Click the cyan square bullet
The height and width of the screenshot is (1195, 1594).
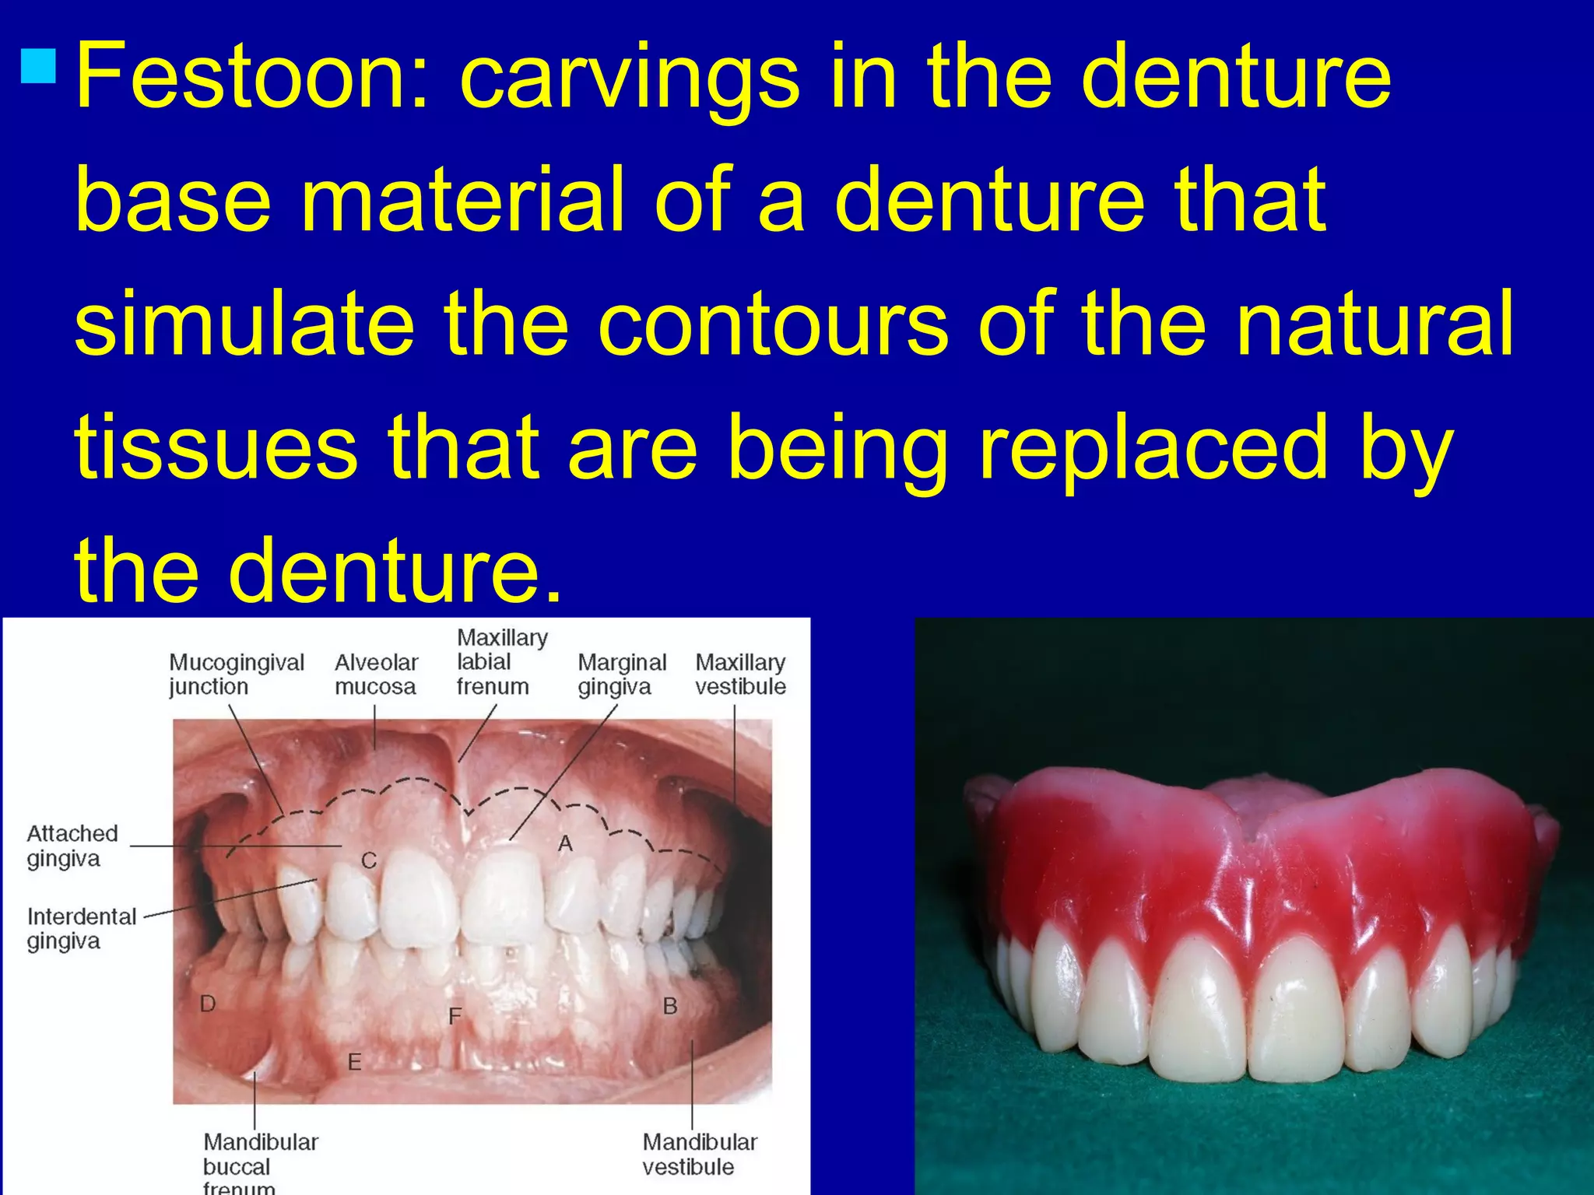[x=39, y=66]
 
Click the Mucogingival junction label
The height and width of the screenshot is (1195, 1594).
[x=236, y=675]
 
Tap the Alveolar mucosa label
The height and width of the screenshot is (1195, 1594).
[x=376, y=675]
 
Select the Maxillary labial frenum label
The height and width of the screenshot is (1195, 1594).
[x=501, y=662]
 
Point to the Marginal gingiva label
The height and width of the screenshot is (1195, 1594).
[x=621, y=675]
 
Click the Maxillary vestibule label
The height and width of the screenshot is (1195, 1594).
[x=740, y=675]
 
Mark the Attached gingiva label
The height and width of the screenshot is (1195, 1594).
[x=72, y=846]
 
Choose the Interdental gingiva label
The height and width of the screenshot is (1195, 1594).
[x=81, y=928]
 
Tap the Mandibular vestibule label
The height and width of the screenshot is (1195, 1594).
[x=699, y=1154]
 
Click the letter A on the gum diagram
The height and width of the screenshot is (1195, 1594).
[x=566, y=843]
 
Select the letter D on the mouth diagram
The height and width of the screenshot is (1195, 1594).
[x=208, y=1004]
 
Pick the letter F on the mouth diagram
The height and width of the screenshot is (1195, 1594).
[x=455, y=1015]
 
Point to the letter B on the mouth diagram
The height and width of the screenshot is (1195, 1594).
[x=670, y=1006]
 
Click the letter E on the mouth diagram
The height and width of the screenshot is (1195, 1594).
[x=354, y=1061]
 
